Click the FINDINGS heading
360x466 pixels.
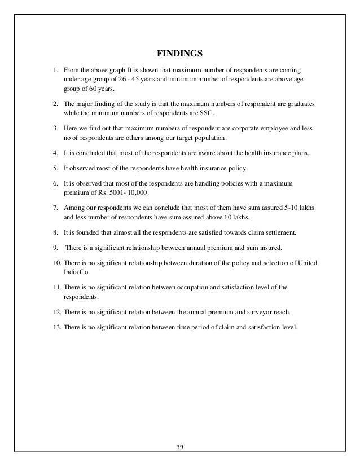(179, 55)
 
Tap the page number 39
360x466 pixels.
(180, 450)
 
